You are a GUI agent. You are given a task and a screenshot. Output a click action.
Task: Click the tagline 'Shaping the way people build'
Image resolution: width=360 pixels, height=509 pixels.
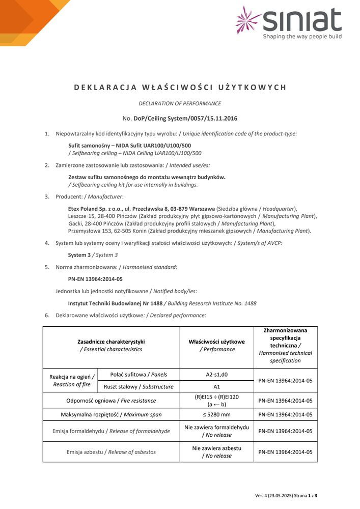click(x=302, y=37)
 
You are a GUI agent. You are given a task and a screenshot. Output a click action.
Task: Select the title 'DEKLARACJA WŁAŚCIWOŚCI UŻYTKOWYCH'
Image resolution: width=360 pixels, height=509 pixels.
click(x=180, y=87)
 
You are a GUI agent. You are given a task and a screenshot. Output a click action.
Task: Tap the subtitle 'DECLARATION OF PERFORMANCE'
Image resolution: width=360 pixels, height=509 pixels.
click(x=180, y=103)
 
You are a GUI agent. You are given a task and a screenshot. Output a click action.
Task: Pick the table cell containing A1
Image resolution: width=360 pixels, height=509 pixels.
click(x=216, y=386)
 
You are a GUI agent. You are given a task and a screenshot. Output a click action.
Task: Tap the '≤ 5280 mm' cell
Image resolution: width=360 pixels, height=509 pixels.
click(x=216, y=414)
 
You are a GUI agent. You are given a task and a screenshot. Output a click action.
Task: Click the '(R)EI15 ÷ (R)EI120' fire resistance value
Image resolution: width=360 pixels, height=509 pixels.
click(x=216, y=397)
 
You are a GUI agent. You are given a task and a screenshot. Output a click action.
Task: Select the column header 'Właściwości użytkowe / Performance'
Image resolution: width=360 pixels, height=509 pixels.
click(x=216, y=346)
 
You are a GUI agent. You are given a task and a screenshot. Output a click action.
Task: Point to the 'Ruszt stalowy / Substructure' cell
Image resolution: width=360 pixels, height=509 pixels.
click(x=138, y=386)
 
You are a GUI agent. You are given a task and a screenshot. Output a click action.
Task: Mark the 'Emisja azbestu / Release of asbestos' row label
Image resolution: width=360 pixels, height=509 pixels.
click(x=111, y=451)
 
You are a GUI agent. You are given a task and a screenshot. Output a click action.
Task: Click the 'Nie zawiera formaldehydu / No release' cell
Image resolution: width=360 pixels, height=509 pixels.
click(x=216, y=431)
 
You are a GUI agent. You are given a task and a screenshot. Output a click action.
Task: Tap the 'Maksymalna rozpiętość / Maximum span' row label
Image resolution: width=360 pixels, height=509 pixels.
click(x=111, y=414)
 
